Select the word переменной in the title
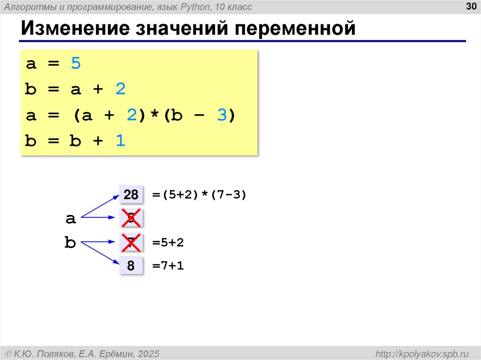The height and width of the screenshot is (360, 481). pyautogui.click(x=295, y=29)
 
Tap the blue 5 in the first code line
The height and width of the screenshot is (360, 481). pyautogui.click(x=76, y=63)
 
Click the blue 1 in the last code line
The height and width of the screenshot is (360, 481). pyautogui.click(x=121, y=141)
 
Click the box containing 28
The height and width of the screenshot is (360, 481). pyautogui.click(x=131, y=194)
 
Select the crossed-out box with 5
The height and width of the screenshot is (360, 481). pyautogui.click(x=131, y=218)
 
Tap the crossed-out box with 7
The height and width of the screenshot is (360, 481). pyautogui.click(x=131, y=243)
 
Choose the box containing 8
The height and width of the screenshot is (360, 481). pyautogui.click(x=131, y=266)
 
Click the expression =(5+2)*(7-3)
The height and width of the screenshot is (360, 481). pyautogui.click(x=199, y=194)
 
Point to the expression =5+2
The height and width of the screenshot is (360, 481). pyautogui.click(x=168, y=243)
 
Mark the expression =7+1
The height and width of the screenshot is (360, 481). pyautogui.click(x=168, y=266)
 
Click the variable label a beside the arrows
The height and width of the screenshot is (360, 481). pyautogui.click(x=70, y=218)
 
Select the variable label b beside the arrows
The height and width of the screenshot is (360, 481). pyautogui.click(x=70, y=243)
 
